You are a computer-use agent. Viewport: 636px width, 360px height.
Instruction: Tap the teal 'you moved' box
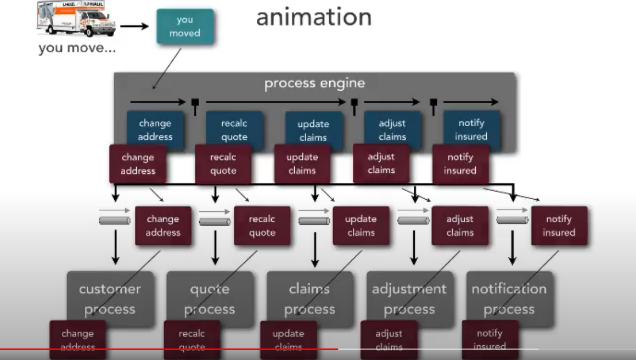coord(185,26)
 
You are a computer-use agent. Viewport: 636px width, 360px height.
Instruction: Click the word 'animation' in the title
coord(313,18)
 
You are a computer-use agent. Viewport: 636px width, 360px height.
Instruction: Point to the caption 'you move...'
coord(77,48)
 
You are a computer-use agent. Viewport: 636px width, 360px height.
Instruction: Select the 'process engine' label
coord(314,83)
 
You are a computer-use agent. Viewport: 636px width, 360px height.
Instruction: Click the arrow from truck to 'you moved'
coord(134,26)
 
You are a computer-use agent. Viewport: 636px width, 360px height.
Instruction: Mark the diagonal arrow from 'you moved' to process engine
coord(167,69)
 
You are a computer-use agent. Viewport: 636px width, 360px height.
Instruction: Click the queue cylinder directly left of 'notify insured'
coord(512,221)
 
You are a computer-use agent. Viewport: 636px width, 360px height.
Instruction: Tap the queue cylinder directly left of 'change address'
coord(115,221)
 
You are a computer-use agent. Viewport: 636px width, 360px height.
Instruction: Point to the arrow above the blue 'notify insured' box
coord(470,102)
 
